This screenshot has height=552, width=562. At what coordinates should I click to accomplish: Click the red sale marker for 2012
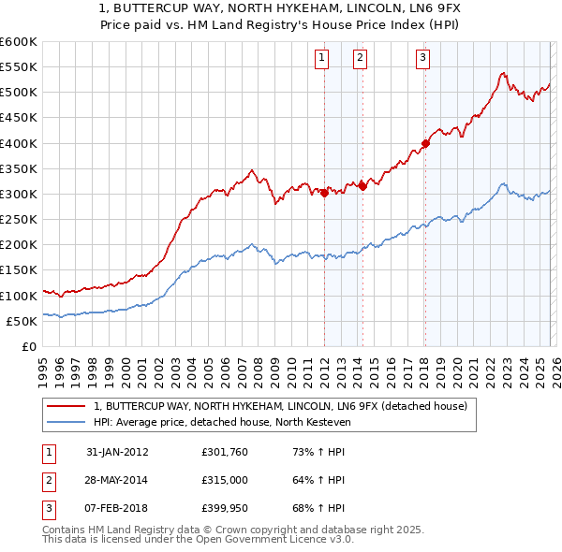coord(324,194)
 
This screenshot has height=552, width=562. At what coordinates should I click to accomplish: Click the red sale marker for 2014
coord(362,186)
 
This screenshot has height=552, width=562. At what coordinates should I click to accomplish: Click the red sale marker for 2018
coord(424,143)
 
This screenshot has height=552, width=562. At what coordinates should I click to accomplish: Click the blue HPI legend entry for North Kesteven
coord(221,422)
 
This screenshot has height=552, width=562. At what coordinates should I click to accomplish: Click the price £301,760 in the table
coord(224,451)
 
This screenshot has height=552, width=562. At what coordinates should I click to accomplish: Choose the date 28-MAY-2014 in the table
coord(117,480)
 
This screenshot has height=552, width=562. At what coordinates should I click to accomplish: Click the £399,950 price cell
coord(224,509)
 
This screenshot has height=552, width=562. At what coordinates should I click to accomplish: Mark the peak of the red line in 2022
coord(503,73)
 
